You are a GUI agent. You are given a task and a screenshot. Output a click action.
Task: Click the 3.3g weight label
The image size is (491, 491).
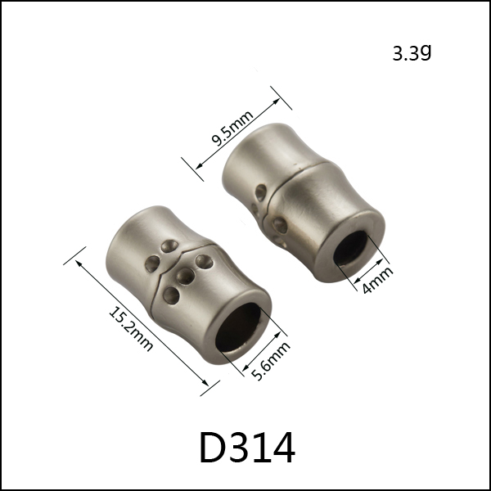tap(412, 53)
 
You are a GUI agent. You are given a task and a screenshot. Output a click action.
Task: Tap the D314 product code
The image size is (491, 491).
tap(247, 448)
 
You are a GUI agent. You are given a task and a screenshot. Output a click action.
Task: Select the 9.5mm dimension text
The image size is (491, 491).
tap(232, 128)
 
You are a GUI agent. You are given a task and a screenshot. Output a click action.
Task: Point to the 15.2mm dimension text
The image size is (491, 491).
tap(131, 329)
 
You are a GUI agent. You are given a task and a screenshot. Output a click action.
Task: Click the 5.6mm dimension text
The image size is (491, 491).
tap(271, 361)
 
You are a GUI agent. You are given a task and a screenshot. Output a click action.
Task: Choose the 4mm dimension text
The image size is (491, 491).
tap(377, 280)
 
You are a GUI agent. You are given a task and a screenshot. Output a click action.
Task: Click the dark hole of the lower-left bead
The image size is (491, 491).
tap(238, 327)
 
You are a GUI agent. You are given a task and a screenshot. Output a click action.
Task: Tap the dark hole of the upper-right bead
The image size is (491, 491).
tap(350, 248)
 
